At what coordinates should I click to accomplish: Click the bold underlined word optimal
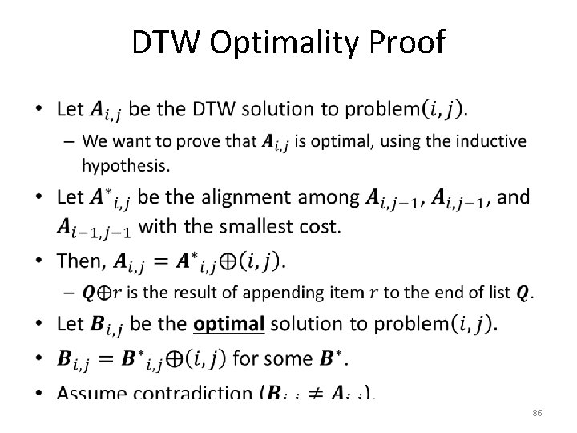(x=228, y=325)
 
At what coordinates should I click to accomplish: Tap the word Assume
(x=95, y=393)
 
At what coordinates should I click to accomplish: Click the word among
(x=329, y=197)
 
